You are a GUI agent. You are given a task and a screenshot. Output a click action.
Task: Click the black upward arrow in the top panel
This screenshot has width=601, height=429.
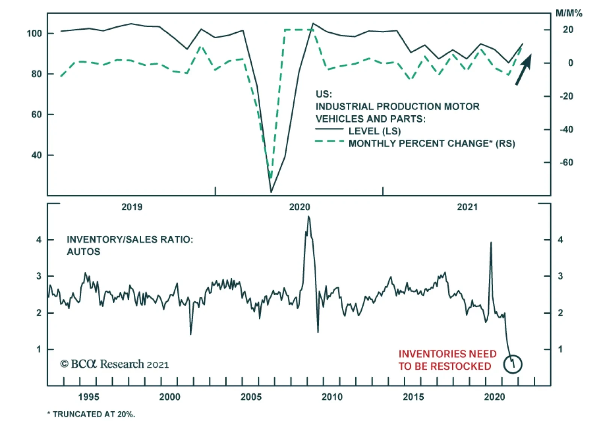[524, 69]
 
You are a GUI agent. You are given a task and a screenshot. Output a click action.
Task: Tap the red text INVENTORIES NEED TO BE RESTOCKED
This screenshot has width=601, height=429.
[447, 360]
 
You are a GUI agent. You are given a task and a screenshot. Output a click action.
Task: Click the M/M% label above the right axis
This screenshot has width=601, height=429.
[569, 13]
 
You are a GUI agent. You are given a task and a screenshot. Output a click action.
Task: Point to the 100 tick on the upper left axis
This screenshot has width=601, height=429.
[34, 33]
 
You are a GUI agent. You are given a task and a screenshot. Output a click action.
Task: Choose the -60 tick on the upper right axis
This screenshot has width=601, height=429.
[566, 162]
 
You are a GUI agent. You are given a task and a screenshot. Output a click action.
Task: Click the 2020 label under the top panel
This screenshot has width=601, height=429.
[299, 207]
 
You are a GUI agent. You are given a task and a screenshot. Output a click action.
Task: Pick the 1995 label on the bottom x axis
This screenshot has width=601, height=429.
[89, 397]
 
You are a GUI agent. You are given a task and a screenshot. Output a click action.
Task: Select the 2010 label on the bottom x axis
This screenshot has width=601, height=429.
[332, 397]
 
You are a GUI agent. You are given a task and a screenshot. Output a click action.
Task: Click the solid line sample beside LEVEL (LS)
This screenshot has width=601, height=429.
[329, 129]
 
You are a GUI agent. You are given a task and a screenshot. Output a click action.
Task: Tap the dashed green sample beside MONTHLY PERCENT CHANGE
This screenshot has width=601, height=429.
[329, 141]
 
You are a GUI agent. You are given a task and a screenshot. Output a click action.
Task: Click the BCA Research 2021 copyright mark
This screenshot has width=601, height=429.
[115, 364]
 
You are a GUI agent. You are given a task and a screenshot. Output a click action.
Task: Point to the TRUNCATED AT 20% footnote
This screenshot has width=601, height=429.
[91, 414]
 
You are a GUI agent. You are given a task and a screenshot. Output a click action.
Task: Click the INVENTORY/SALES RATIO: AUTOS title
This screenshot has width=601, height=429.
[130, 245]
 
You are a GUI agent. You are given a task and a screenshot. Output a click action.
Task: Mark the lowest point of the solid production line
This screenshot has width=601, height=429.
[271, 192]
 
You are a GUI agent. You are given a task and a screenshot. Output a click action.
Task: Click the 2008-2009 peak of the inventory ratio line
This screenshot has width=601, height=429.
[309, 216]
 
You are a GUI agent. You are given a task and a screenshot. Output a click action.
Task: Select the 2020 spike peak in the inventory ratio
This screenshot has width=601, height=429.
[491, 243]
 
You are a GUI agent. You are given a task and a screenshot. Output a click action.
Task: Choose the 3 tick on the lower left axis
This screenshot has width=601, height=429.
[39, 276]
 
